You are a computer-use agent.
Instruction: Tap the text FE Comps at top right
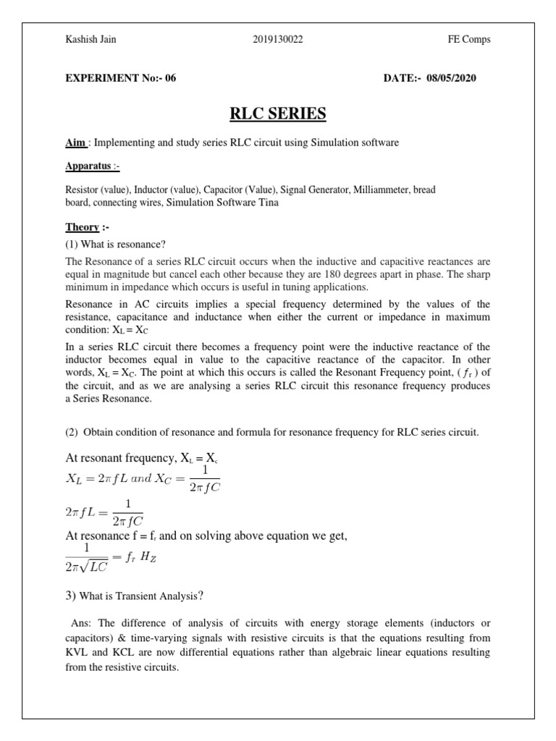click(469, 39)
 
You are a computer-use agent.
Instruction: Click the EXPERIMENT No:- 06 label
click(121, 78)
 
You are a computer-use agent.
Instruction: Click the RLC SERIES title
click(278, 114)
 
